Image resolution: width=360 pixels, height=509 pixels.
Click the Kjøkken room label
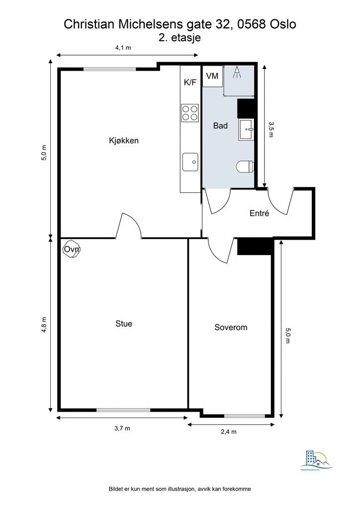(124, 141)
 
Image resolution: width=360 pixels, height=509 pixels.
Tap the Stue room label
(124, 324)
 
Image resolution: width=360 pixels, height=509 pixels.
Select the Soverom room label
(231, 328)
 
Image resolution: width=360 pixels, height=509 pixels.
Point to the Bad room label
(220, 126)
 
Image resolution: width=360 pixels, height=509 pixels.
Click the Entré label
(259, 214)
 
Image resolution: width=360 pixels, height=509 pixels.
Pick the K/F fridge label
(190, 82)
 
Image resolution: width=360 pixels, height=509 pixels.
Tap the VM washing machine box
(212, 77)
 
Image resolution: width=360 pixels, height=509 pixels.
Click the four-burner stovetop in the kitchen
(189, 112)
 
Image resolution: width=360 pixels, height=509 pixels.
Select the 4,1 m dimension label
(123, 48)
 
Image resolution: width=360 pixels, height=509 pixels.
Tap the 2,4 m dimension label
(228, 432)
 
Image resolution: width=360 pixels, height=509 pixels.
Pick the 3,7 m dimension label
(122, 428)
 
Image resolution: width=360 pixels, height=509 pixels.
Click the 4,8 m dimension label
(44, 325)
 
